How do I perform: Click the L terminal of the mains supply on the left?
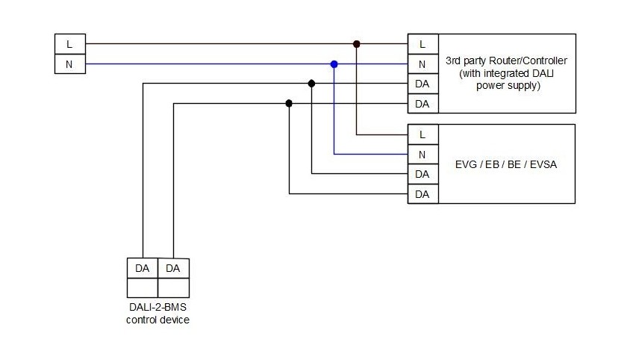click(x=70, y=44)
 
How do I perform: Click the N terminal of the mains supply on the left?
click(x=70, y=64)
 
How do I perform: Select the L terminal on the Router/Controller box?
click(x=422, y=44)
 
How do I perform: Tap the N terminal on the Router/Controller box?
click(x=422, y=64)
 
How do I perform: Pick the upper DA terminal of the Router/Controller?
click(x=422, y=84)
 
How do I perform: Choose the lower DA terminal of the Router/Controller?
click(x=422, y=104)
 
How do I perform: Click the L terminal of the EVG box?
click(x=422, y=134)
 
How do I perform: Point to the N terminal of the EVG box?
click(x=422, y=155)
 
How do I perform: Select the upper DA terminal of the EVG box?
click(x=422, y=174)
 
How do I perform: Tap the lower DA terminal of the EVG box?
click(x=422, y=194)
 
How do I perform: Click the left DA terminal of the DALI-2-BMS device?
click(x=143, y=268)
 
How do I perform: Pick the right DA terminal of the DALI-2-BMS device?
click(x=173, y=268)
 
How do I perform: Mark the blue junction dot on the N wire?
click(x=334, y=64)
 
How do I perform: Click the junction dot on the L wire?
click(x=357, y=44)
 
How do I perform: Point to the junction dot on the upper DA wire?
click(x=311, y=84)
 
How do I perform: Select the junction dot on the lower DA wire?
click(x=289, y=104)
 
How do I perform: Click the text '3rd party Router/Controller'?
click(x=506, y=60)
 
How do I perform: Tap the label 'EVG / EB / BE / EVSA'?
click(x=506, y=164)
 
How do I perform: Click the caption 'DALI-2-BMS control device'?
click(x=157, y=314)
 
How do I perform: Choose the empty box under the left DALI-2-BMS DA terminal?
click(x=143, y=288)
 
